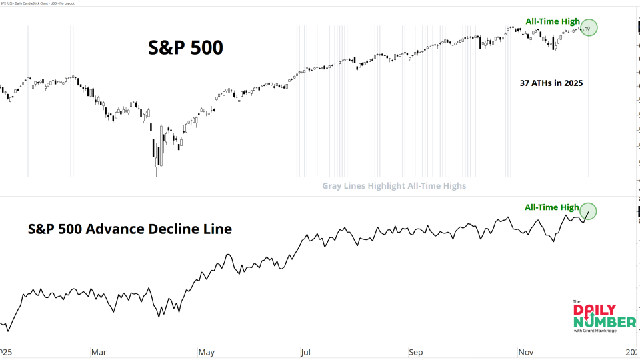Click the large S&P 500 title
185,48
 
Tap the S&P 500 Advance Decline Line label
130,229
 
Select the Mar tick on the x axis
98,351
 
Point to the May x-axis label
206,351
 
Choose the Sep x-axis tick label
415,351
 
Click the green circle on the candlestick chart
589,27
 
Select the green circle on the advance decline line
588,211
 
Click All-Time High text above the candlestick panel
552,21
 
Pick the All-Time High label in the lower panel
552,207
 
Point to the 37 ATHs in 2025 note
551,84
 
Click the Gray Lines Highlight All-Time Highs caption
394,186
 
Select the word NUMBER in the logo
595,321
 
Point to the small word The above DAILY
577,301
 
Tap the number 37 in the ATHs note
525,84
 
